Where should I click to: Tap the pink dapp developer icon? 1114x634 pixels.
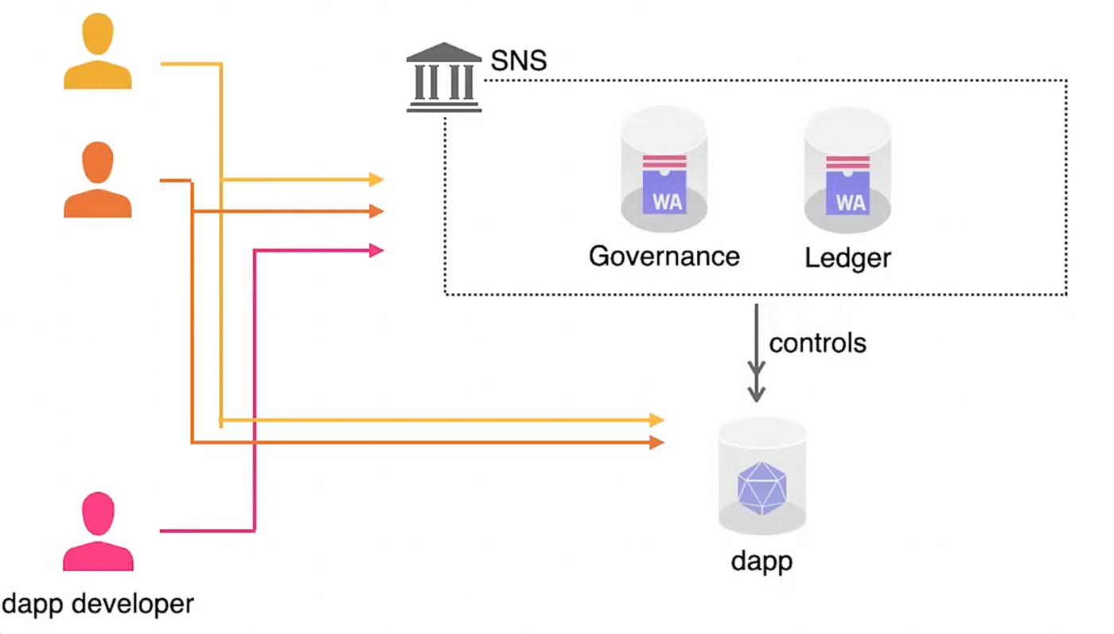[98, 531]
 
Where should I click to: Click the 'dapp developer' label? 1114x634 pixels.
[98, 603]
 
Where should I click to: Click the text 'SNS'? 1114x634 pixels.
[519, 61]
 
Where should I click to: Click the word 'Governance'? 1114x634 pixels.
[664, 256]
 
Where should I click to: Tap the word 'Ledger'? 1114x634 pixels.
[847, 257]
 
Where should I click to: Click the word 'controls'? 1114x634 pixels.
[817, 343]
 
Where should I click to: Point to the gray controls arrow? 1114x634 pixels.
[756, 354]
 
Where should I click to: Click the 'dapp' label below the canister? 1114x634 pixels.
[761, 561]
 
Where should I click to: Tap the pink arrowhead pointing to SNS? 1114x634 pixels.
[376, 250]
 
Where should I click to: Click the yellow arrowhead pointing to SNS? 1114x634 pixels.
[376, 180]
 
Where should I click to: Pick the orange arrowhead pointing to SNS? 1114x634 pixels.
[376, 211]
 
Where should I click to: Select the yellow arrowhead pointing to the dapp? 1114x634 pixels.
[656, 420]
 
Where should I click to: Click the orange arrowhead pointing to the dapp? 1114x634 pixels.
[656, 442]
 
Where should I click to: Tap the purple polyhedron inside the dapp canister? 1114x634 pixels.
[761, 487]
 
